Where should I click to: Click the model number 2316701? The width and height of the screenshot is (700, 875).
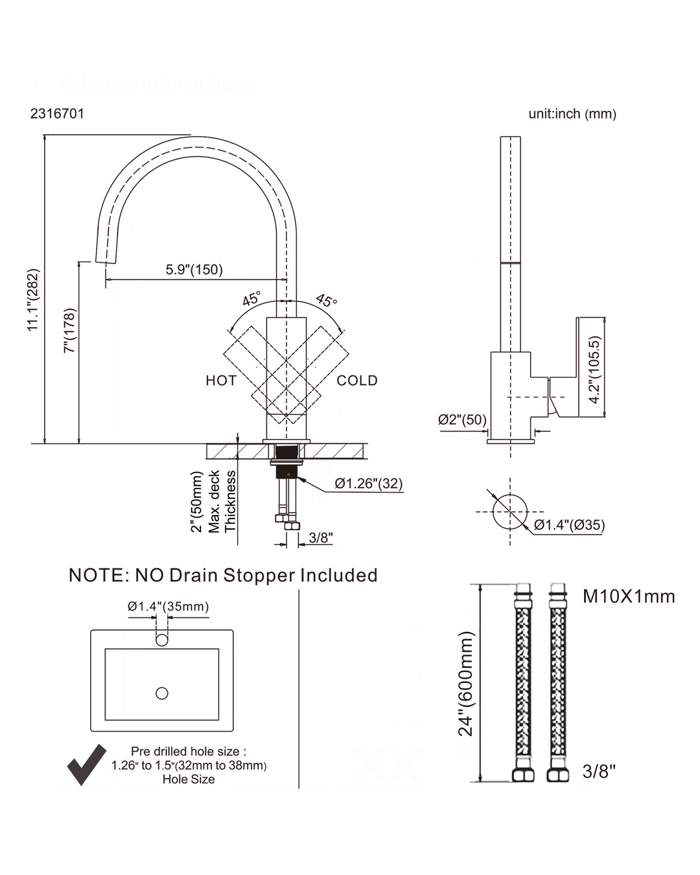pyautogui.click(x=57, y=114)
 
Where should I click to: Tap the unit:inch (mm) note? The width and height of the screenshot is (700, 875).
pyautogui.click(x=572, y=114)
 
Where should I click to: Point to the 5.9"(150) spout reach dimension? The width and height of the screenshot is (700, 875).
pyautogui.click(x=194, y=270)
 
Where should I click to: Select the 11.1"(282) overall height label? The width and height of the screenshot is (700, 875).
pyautogui.click(x=34, y=300)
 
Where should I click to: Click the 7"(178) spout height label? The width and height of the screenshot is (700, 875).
pyautogui.click(x=70, y=330)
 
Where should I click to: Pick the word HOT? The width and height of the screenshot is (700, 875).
pyautogui.click(x=221, y=380)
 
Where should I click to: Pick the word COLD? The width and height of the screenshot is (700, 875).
pyautogui.click(x=356, y=380)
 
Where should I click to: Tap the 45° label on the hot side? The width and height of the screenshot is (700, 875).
pyautogui.click(x=251, y=299)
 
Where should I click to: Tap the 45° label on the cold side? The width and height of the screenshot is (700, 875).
pyautogui.click(x=327, y=300)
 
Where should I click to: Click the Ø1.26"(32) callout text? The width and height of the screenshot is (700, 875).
pyautogui.click(x=369, y=484)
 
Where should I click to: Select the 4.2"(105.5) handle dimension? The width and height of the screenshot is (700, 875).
pyautogui.click(x=594, y=369)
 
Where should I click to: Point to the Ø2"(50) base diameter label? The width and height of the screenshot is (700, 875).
pyautogui.click(x=462, y=420)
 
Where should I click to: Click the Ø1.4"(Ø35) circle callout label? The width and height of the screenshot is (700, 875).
pyautogui.click(x=569, y=525)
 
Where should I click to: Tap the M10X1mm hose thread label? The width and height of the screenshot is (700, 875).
pyautogui.click(x=629, y=596)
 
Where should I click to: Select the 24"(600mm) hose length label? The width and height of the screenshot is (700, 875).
pyautogui.click(x=467, y=683)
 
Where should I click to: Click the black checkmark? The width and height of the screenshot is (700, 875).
pyautogui.click(x=86, y=764)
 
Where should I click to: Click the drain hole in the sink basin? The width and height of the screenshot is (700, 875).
pyautogui.click(x=162, y=694)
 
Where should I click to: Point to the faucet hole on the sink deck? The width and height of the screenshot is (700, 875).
pyautogui.click(x=162, y=641)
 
